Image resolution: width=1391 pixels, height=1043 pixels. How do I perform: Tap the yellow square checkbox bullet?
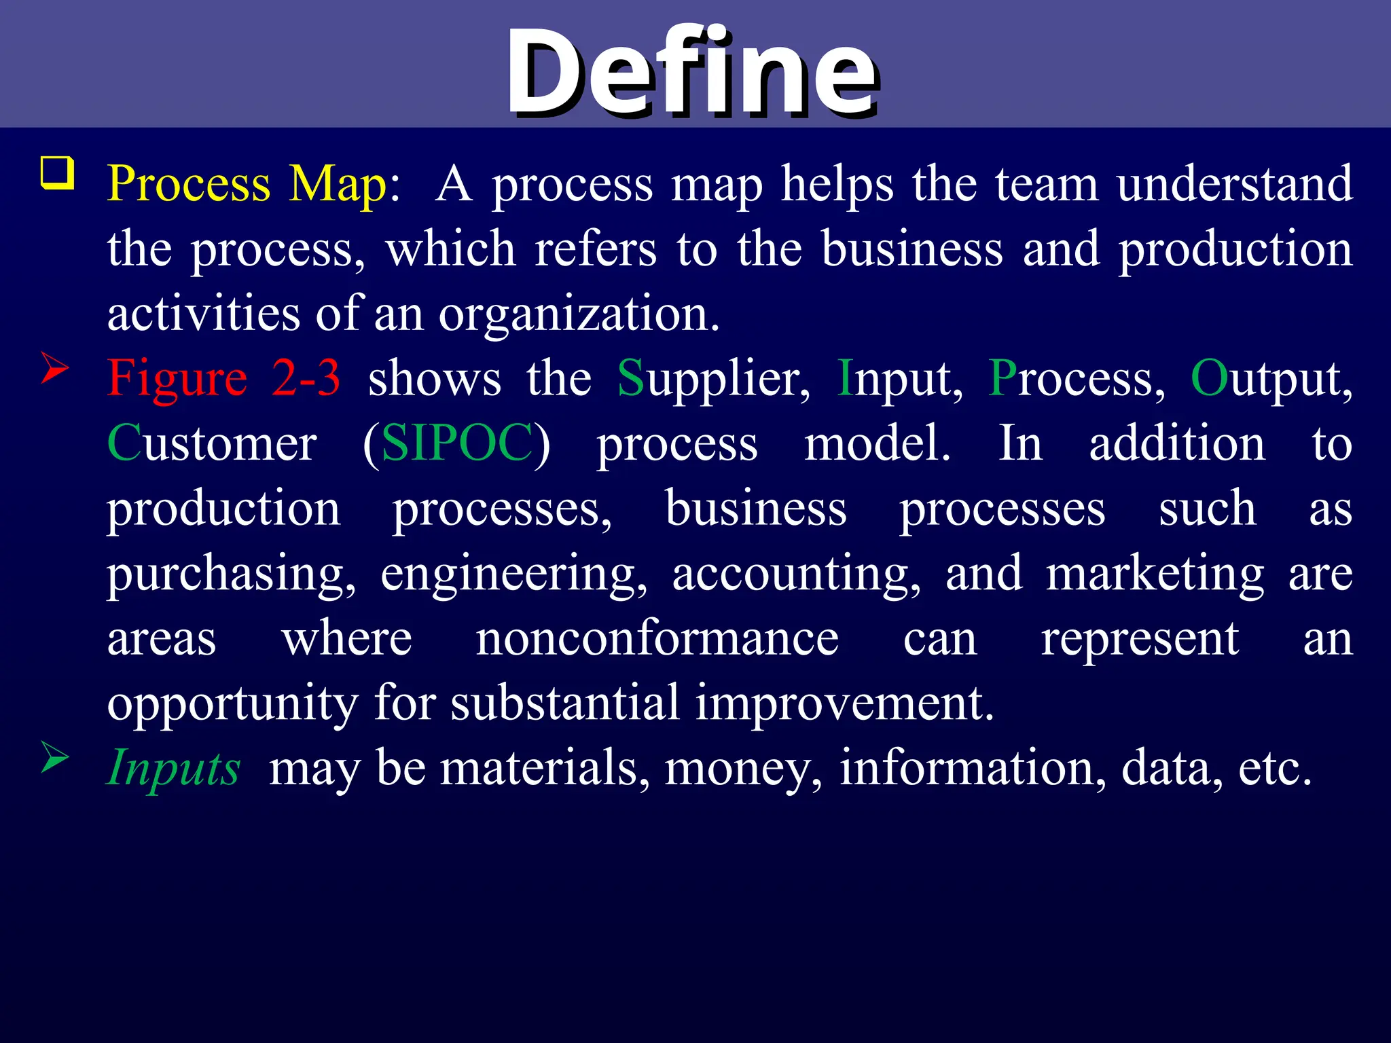coord(58,173)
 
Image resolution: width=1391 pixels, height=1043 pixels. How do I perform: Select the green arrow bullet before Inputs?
coord(55,757)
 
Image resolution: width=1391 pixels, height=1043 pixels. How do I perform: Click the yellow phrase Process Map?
coord(247,184)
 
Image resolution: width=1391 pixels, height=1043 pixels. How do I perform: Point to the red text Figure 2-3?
coord(224,378)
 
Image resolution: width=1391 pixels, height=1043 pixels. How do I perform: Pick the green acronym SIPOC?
coord(457,443)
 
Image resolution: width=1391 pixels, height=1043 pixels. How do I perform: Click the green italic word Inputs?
coord(174,768)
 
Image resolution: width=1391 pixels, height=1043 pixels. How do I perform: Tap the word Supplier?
coord(713,378)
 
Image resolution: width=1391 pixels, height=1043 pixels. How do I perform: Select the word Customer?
coord(212,443)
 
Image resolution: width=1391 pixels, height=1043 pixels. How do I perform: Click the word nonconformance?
coord(657,639)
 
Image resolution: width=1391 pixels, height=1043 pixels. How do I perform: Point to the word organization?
coord(579,314)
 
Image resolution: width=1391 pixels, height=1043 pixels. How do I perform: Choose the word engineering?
coord(513,574)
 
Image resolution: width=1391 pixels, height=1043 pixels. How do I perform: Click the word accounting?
coord(797,574)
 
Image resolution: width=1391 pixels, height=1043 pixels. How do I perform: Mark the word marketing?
coord(1155,574)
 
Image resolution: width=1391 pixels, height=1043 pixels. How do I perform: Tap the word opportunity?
coord(232,704)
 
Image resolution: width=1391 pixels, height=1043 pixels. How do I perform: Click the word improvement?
coord(845,703)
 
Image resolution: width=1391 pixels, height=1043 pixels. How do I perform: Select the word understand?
coord(1235,184)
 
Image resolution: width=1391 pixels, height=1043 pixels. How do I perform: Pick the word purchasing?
coord(231,574)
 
